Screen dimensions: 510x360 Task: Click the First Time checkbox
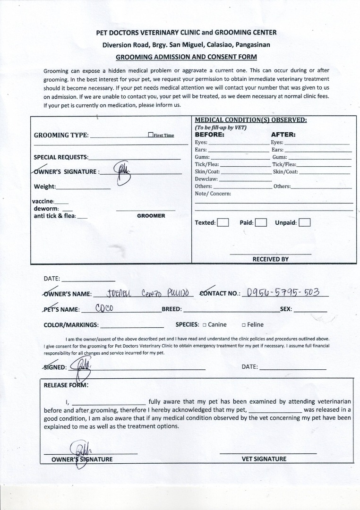click(150, 135)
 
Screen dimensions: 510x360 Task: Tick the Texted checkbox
click(223, 222)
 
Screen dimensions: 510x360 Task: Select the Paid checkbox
click(261, 222)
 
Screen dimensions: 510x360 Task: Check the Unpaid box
click(304, 222)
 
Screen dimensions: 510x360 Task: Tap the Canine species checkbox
click(204, 325)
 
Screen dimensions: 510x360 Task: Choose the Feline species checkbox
click(243, 325)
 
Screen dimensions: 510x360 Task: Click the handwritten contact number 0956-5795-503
click(283, 292)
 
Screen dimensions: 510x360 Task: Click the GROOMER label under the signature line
click(151, 216)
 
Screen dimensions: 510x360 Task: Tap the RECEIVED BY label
click(270, 259)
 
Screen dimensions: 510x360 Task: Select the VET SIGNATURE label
click(264, 459)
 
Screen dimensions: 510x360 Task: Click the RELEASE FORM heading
click(66, 384)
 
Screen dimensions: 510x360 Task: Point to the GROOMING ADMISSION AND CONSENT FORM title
click(186, 57)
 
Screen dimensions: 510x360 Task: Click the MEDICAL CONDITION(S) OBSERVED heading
click(251, 120)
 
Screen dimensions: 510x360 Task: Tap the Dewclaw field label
click(206, 179)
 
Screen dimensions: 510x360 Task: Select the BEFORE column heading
click(210, 134)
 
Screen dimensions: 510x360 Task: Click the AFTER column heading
click(283, 134)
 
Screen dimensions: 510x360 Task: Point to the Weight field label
click(44, 187)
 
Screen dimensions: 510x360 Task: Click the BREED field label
click(172, 309)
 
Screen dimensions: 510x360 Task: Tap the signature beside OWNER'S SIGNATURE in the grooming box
click(122, 172)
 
